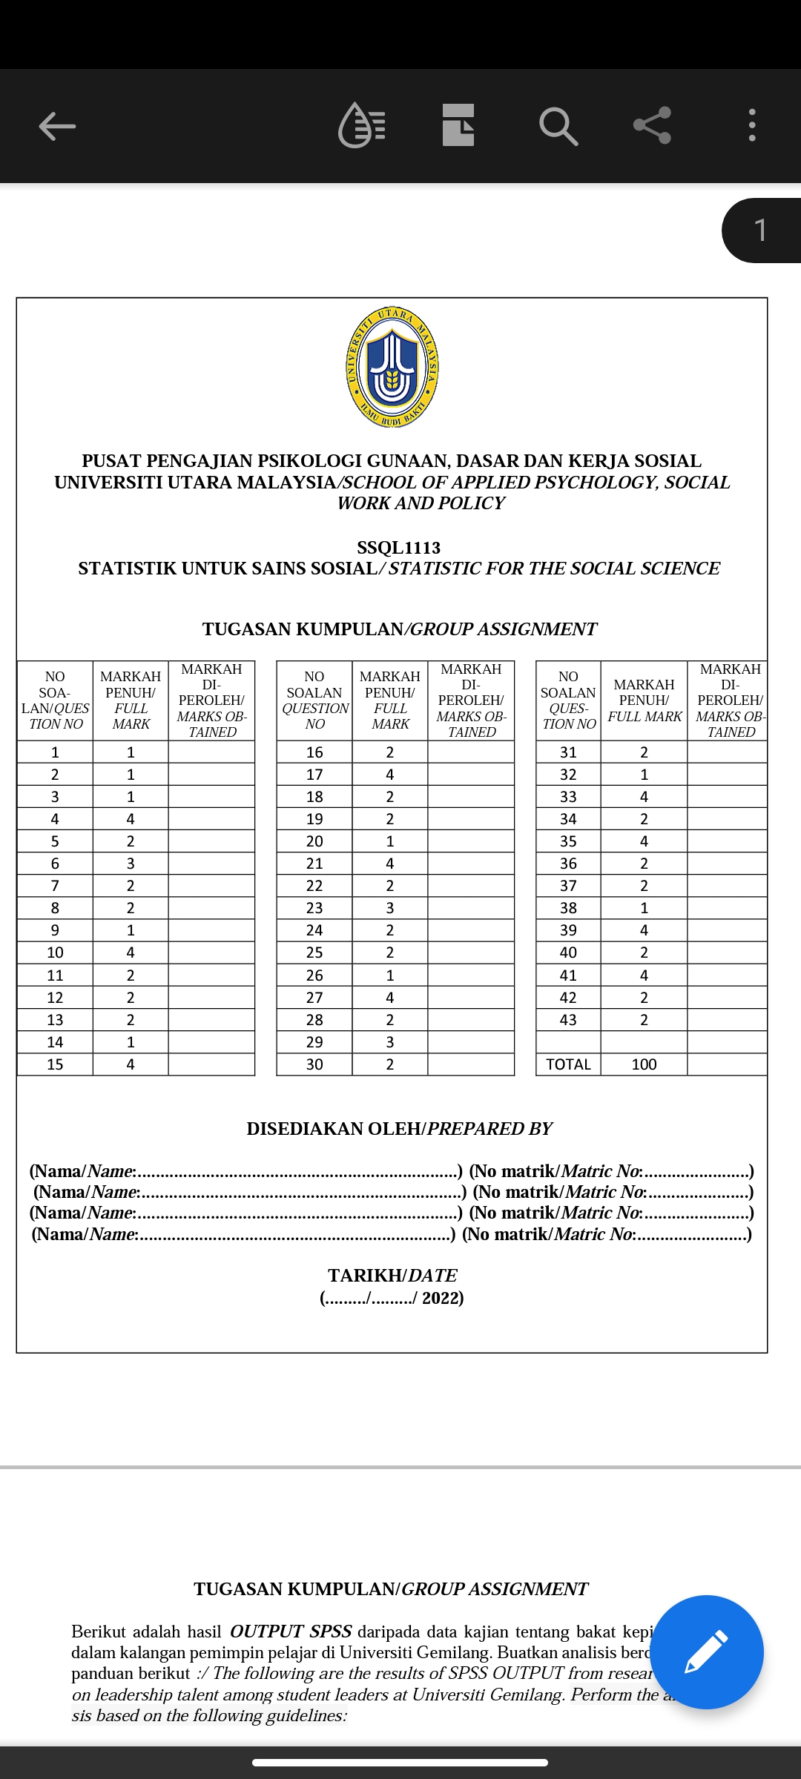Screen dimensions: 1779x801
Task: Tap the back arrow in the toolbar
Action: pos(57,126)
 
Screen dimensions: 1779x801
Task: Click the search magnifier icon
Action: pos(558,126)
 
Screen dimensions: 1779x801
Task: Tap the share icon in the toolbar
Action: pos(652,125)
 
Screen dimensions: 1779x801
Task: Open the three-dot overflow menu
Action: pos(752,125)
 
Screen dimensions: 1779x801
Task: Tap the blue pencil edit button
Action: pos(706,1652)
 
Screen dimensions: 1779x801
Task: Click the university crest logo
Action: pos(392,367)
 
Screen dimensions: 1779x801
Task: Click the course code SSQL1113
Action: pos(398,548)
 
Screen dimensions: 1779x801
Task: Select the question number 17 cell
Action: pos(314,775)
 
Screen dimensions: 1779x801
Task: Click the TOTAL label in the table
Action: pos(568,1064)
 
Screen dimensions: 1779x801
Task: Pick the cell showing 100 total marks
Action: pos(644,1064)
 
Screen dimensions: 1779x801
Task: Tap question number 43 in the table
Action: pos(568,1020)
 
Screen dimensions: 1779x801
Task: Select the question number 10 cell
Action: pos(55,953)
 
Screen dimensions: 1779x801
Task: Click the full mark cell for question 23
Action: pos(390,908)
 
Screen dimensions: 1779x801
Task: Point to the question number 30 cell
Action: pos(314,1064)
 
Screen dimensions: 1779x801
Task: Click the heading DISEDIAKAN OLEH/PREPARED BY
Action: pos(399,1129)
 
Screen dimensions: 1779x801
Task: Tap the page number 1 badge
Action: pos(760,231)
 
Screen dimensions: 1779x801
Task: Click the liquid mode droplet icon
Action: pos(361,125)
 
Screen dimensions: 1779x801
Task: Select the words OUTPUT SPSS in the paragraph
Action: pos(291,1631)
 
